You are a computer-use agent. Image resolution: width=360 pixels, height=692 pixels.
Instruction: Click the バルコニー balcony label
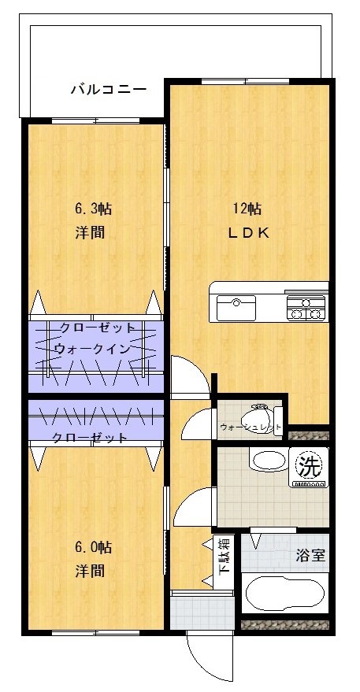pyautogui.click(x=108, y=90)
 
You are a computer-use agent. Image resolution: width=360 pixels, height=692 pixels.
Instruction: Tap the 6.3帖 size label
pyautogui.click(x=93, y=209)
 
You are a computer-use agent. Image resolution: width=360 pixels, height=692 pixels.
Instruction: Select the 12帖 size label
pyautogui.click(x=247, y=209)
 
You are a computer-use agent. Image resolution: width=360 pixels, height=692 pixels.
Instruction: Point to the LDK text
pyautogui.click(x=249, y=233)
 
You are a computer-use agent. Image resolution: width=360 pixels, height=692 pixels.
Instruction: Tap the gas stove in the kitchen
pyautogui.click(x=306, y=308)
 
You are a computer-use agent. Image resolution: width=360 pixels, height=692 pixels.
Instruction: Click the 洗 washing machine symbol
pyautogui.click(x=308, y=466)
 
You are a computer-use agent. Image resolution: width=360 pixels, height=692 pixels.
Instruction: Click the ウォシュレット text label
pyautogui.click(x=250, y=427)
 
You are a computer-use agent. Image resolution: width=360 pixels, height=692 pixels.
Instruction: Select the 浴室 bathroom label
pyautogui.click(x=310, y=555)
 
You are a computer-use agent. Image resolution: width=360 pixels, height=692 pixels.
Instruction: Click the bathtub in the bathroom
pyautogui.click(x=283, y=594)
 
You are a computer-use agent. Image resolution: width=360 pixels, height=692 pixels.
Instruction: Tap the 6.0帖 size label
pyautogui.click(x=93, y=547)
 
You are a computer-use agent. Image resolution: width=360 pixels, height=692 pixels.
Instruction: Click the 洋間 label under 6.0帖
pyautogui.click(x=91, y=571)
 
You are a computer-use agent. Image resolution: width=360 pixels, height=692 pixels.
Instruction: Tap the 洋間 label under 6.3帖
pyautogui.click(x=91, y=233)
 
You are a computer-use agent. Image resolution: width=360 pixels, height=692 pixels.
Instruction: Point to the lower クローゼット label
pyautogui.click(x=89, y=438)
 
